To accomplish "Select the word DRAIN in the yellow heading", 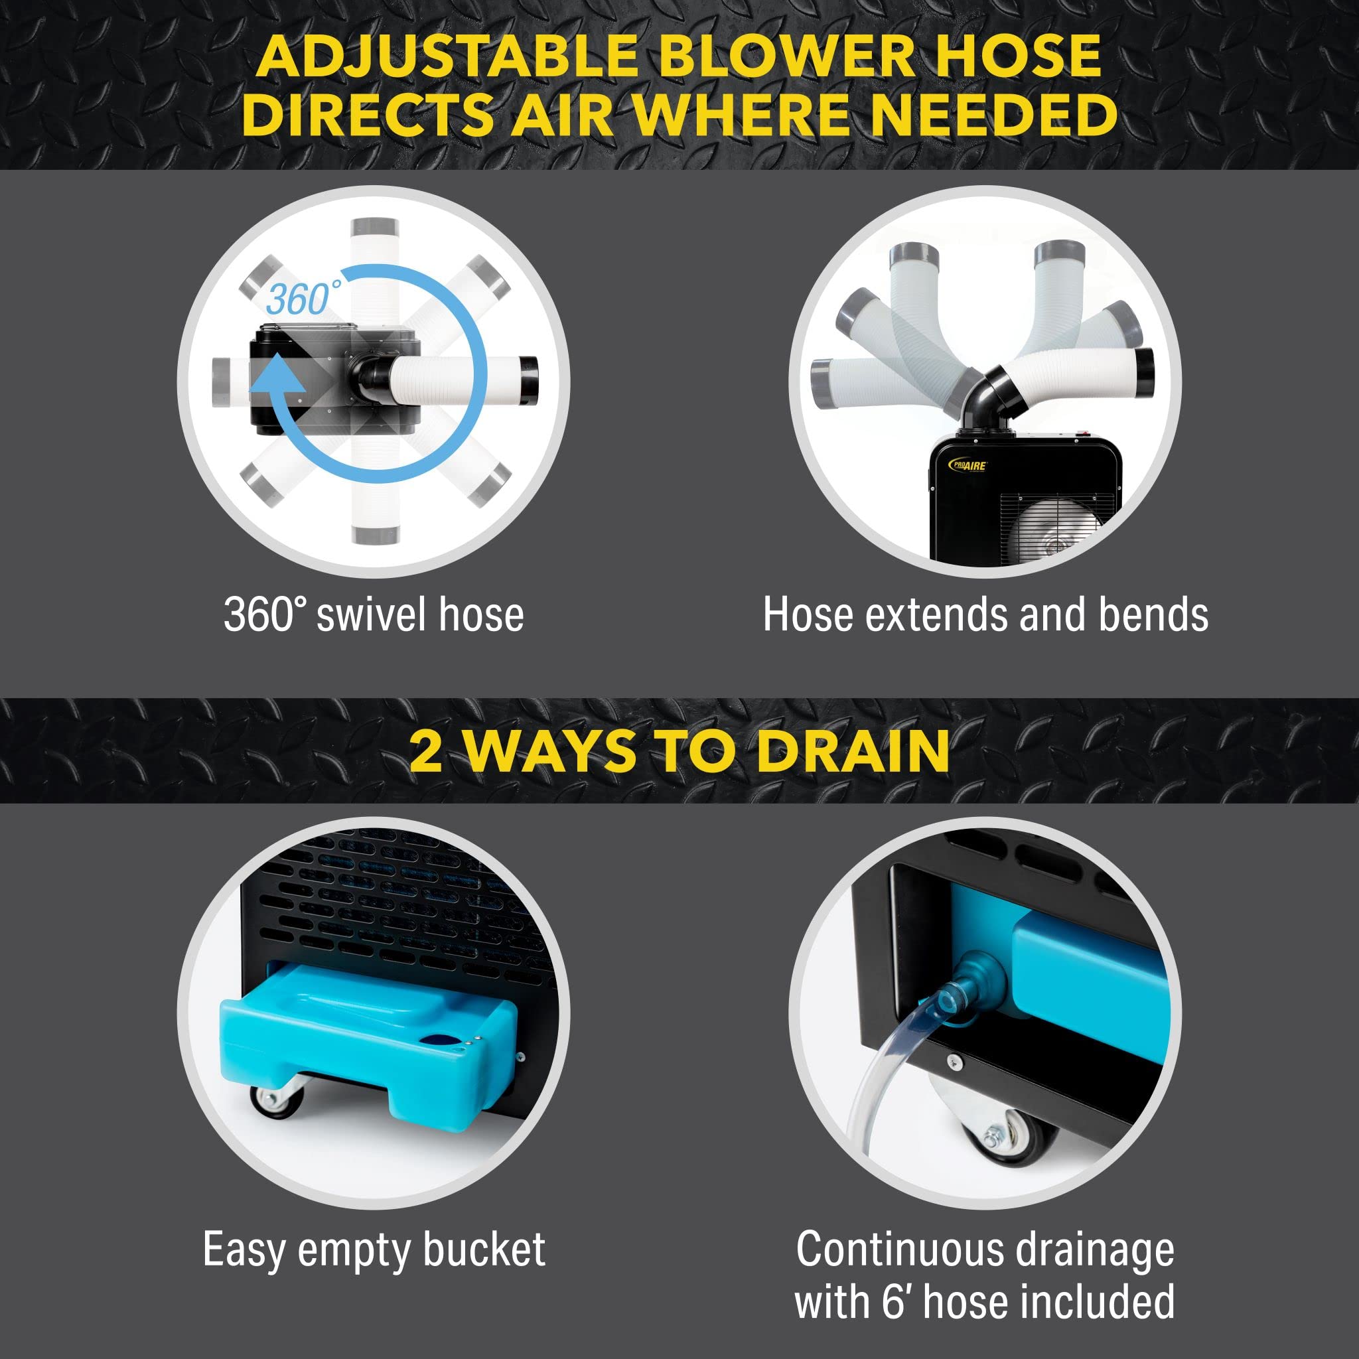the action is coord(853,751).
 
